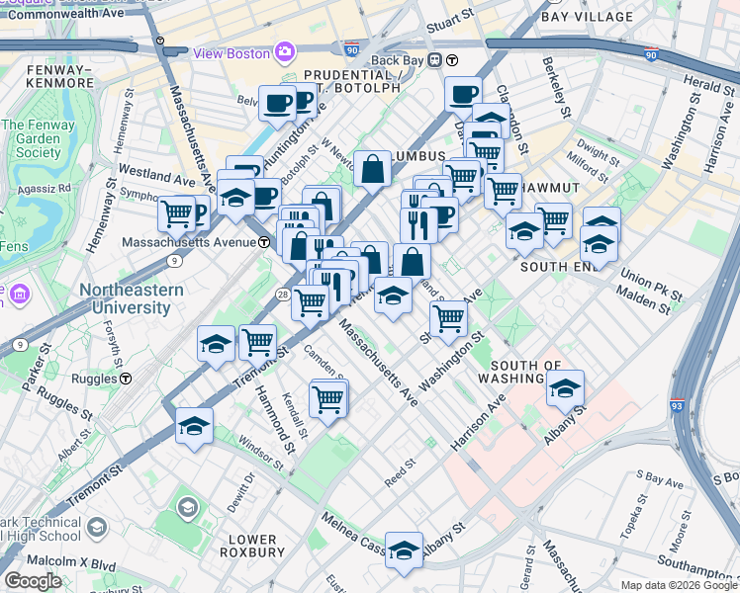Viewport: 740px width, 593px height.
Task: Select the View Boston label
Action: tap(231, 52)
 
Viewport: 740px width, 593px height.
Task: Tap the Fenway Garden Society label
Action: tap(31, 139)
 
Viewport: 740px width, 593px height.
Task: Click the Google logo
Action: tap(33, 581)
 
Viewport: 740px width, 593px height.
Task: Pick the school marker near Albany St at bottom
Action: tap(404, 551)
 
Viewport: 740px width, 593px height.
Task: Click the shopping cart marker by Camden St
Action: tap(326, 400)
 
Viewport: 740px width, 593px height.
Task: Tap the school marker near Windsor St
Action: tap(195, 427)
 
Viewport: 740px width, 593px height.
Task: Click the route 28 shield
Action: tap(282, 295)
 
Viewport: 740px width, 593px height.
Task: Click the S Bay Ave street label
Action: tap(660, 481)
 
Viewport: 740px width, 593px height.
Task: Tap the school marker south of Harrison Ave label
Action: tap(565, 389)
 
